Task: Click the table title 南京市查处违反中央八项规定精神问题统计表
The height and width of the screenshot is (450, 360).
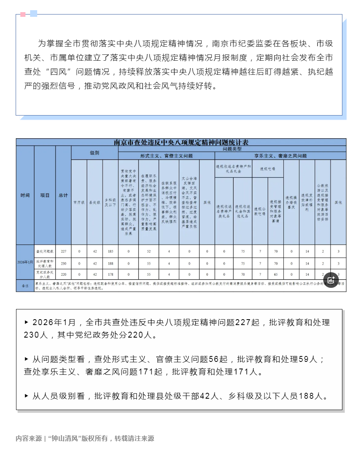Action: point(181,142)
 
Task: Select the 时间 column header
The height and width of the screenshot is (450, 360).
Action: point(25,195)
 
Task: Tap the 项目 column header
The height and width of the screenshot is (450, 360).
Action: point(45,195)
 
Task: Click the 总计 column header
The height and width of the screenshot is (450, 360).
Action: point(63,195)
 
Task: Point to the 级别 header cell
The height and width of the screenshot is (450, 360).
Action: point(95,153)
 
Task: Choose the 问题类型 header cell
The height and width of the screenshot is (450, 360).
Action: point(232,149)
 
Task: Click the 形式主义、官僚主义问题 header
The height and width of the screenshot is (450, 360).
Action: point(167,156)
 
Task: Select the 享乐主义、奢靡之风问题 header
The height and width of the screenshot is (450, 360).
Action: point(280,156)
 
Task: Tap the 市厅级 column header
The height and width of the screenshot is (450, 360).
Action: point(79,202)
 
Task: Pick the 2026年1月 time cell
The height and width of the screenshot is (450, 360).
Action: point(25,262)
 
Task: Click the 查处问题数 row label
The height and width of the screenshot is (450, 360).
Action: point(45,251)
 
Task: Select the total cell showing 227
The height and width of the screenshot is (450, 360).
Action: point(63,251)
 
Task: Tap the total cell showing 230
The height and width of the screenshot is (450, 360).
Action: point(63,263)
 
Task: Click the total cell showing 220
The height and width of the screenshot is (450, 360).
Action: point(63,274)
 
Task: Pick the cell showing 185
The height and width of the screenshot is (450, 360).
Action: point(110,251)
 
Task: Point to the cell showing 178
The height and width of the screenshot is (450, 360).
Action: point(110,274)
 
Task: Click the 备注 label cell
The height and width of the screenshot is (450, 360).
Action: point(25,286)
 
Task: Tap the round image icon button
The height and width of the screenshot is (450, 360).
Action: point(331,280)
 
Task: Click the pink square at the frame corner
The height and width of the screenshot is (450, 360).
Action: point(23,14)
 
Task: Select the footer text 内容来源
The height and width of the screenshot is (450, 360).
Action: point(29,438)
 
